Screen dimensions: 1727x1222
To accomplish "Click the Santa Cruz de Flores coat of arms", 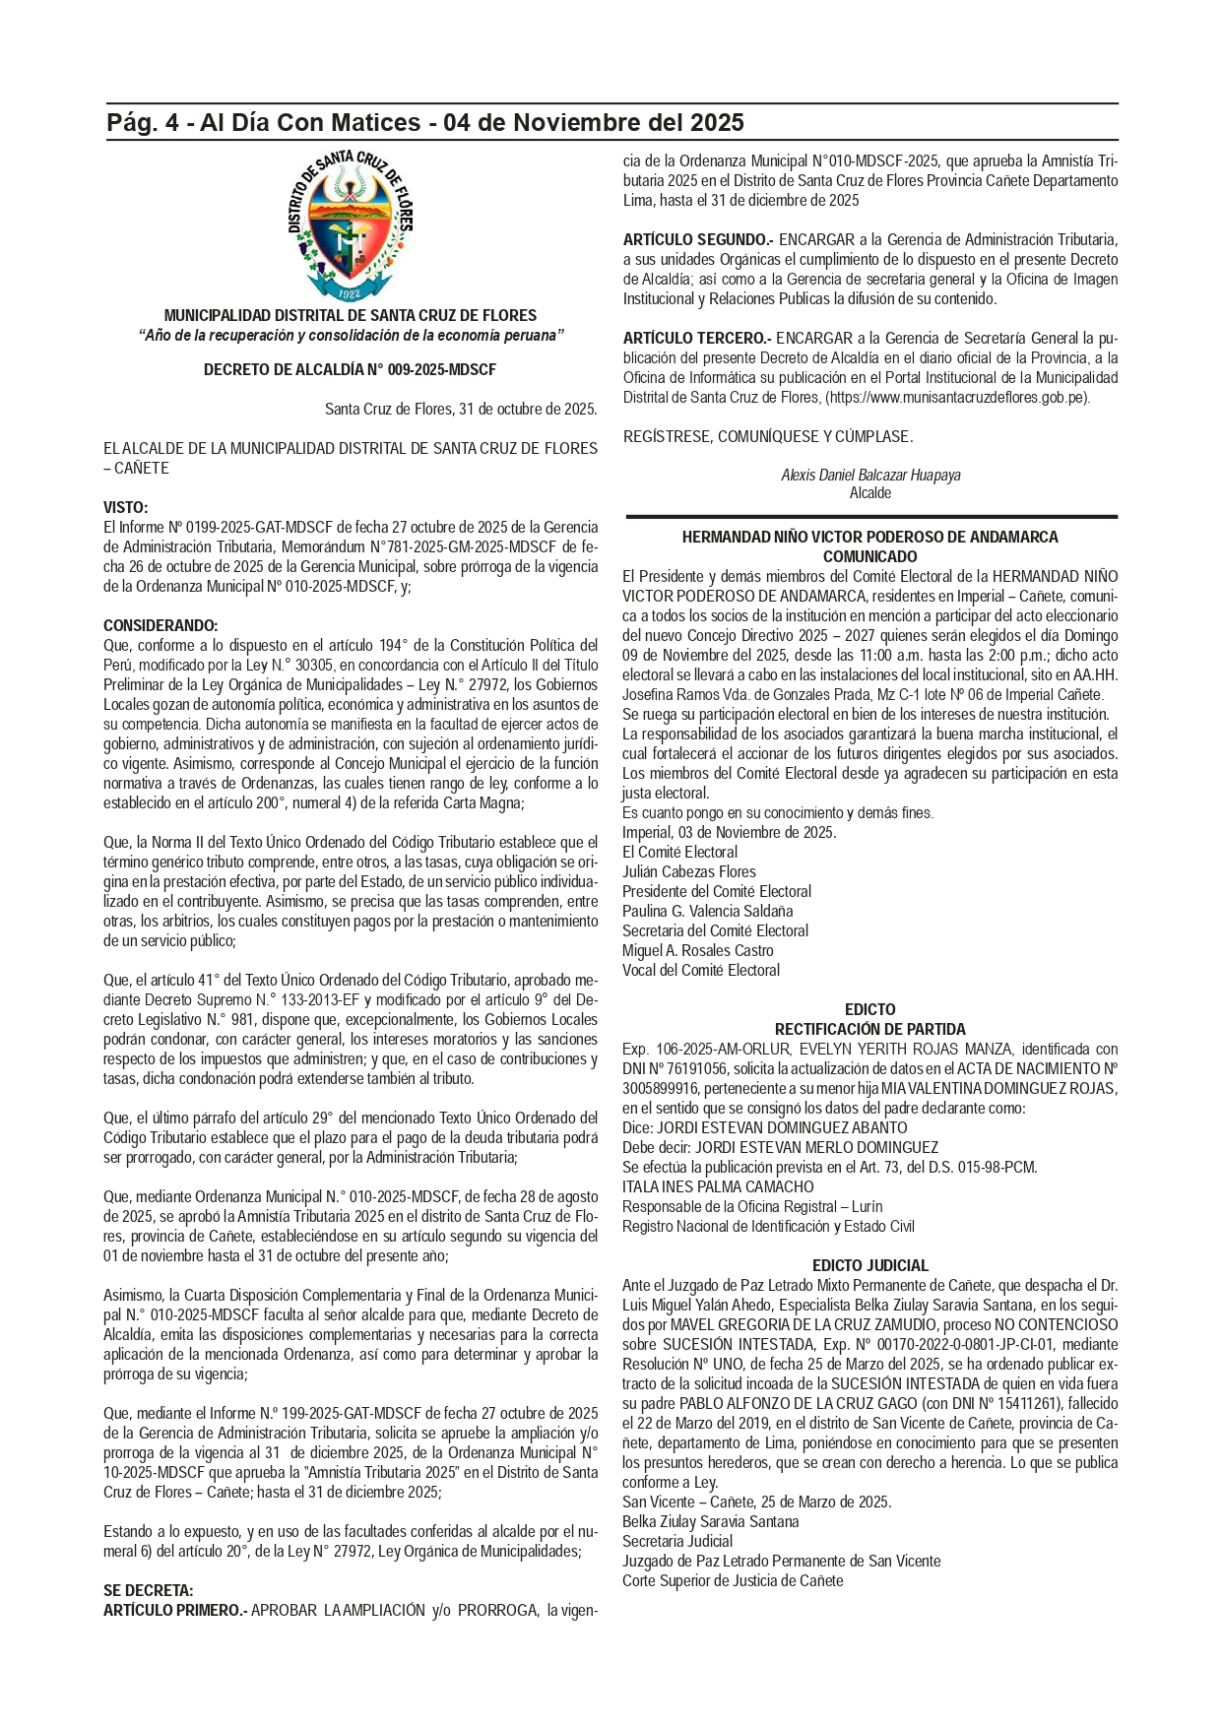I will pos(351,226).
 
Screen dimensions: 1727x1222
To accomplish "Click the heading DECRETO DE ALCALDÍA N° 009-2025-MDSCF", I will pos(350,370).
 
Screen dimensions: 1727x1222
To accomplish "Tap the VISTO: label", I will pos(126,508).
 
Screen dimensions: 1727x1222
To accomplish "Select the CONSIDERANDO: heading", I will pos(161,626).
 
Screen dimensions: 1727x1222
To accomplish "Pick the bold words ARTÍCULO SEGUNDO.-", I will pos(698,240).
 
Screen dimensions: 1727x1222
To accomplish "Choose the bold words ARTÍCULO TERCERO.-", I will pos(697,339).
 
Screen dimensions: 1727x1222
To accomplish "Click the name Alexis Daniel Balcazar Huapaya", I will pos(870,476).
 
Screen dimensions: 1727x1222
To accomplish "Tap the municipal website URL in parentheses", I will pos(957,398).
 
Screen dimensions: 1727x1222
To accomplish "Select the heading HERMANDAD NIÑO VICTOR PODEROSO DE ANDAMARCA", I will pos(870,538).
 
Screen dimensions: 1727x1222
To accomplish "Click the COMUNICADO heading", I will pos(870,557).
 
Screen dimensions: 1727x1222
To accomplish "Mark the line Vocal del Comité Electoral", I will pos(701,971).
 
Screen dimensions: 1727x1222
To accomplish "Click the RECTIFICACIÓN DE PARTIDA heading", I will pos(870,1030).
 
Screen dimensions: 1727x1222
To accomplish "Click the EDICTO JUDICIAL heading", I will pos(870,1266).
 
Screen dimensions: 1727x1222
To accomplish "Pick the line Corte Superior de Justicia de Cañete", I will pos(733,1581).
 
